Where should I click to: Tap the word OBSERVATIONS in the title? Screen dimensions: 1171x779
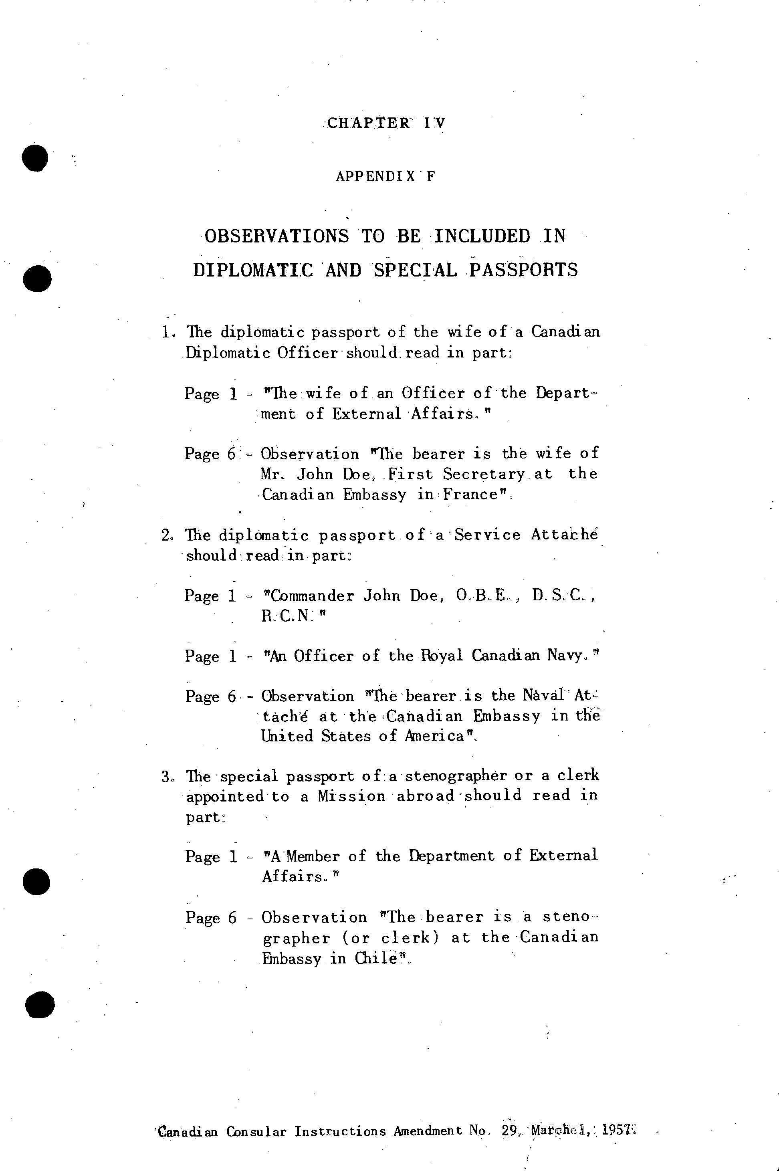click(277, 236)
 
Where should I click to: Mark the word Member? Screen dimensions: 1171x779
click(313, 856)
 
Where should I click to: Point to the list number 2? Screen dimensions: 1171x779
click(166, 535)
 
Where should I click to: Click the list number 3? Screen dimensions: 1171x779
click(166, 776)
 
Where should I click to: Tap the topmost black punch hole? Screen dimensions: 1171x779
click(35, 158)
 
